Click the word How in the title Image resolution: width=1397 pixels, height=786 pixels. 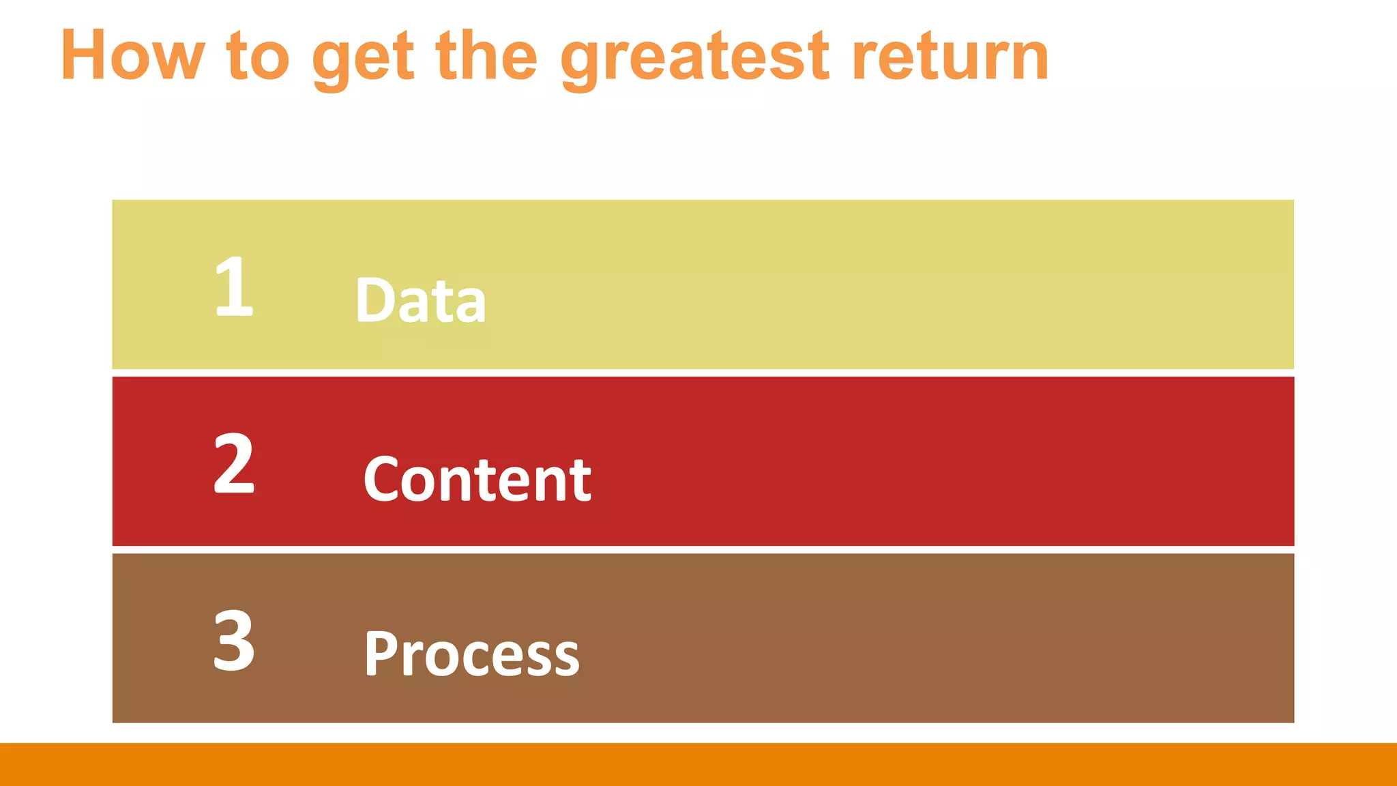coord(133,56)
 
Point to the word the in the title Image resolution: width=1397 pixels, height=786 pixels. coord(486,56)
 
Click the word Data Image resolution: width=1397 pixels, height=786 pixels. coord(420,300)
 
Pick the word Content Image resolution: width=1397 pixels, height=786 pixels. coord(477,479)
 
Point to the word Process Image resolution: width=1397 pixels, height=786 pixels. coord(471,654)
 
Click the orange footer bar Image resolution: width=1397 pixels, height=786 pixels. coord(698,764)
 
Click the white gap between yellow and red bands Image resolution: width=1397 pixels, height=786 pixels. coord(703,373)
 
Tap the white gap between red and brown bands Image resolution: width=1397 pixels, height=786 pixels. coord(703,550)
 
